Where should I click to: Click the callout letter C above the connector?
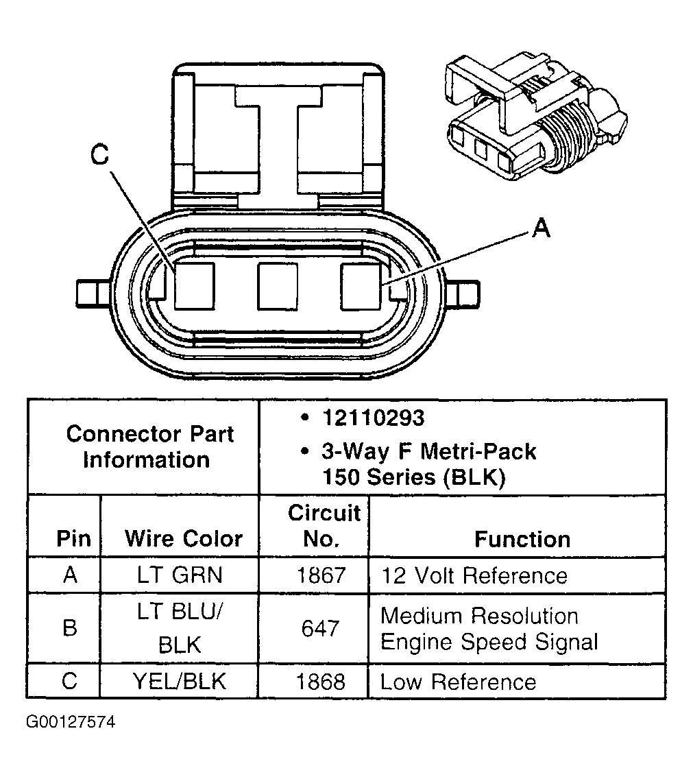(x=100, y=156)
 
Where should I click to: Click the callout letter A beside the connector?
(x=542, y=228)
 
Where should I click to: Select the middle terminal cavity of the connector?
(x=277, y=285)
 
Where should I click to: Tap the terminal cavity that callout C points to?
(x=194, y=285)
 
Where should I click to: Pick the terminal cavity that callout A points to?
(x=361, y=285)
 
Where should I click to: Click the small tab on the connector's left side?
(x=91, y=293)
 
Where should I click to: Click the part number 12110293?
(x=374, y=418)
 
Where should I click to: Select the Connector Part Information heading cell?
(x=149, y=446)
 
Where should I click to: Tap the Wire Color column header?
(x=184, y=538)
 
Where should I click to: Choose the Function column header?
(x=522, y=539)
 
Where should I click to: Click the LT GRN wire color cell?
(x=180, y=575)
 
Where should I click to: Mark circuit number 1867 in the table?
(x=321, y=575)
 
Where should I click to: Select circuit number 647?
(x=321, y=628)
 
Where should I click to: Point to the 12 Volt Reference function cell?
(x=474, y=575)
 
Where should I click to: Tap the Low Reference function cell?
(x=458, y=682)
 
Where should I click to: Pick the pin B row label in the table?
(x=70, y=628)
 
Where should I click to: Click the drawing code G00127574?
(x=71, y=722)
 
